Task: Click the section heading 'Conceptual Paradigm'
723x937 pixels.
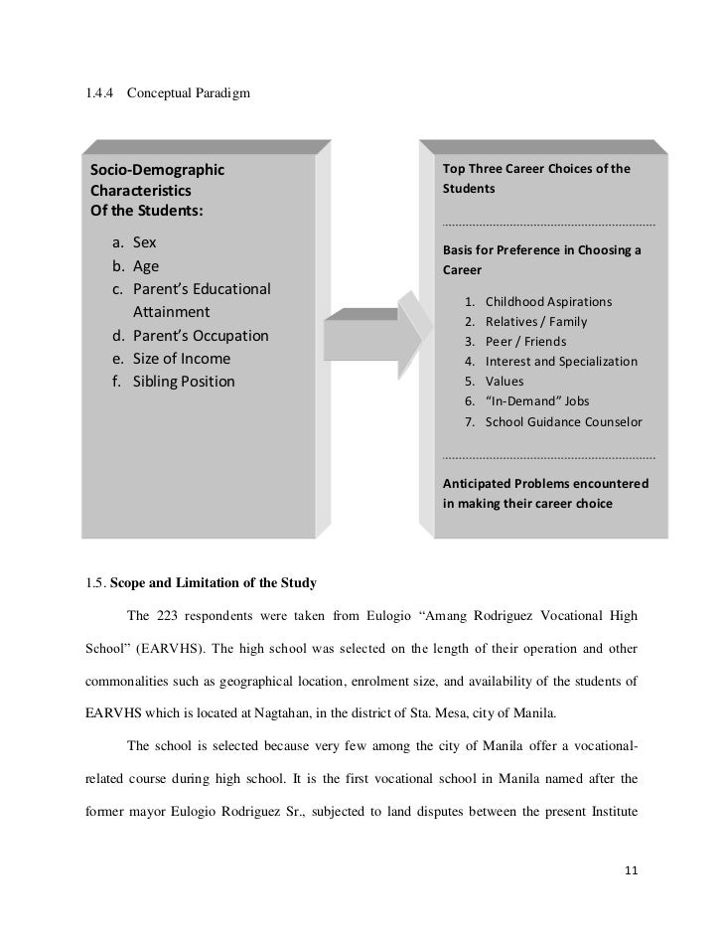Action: [x=189, y=93]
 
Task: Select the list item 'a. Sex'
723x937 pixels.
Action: [x=133, y=243]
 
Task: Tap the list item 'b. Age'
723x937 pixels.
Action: [x=134, y=266]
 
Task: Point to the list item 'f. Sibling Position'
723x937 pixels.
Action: [x=173, y=381]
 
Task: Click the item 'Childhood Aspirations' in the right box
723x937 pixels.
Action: [x=548, y=301]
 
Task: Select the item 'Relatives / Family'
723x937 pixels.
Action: [x=536, y=322]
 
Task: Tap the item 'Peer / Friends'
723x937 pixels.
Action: [x=523, y=342]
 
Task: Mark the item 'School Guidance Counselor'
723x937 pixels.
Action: [x=563, y=422]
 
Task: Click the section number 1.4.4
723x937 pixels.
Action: [x=102, y=93]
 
